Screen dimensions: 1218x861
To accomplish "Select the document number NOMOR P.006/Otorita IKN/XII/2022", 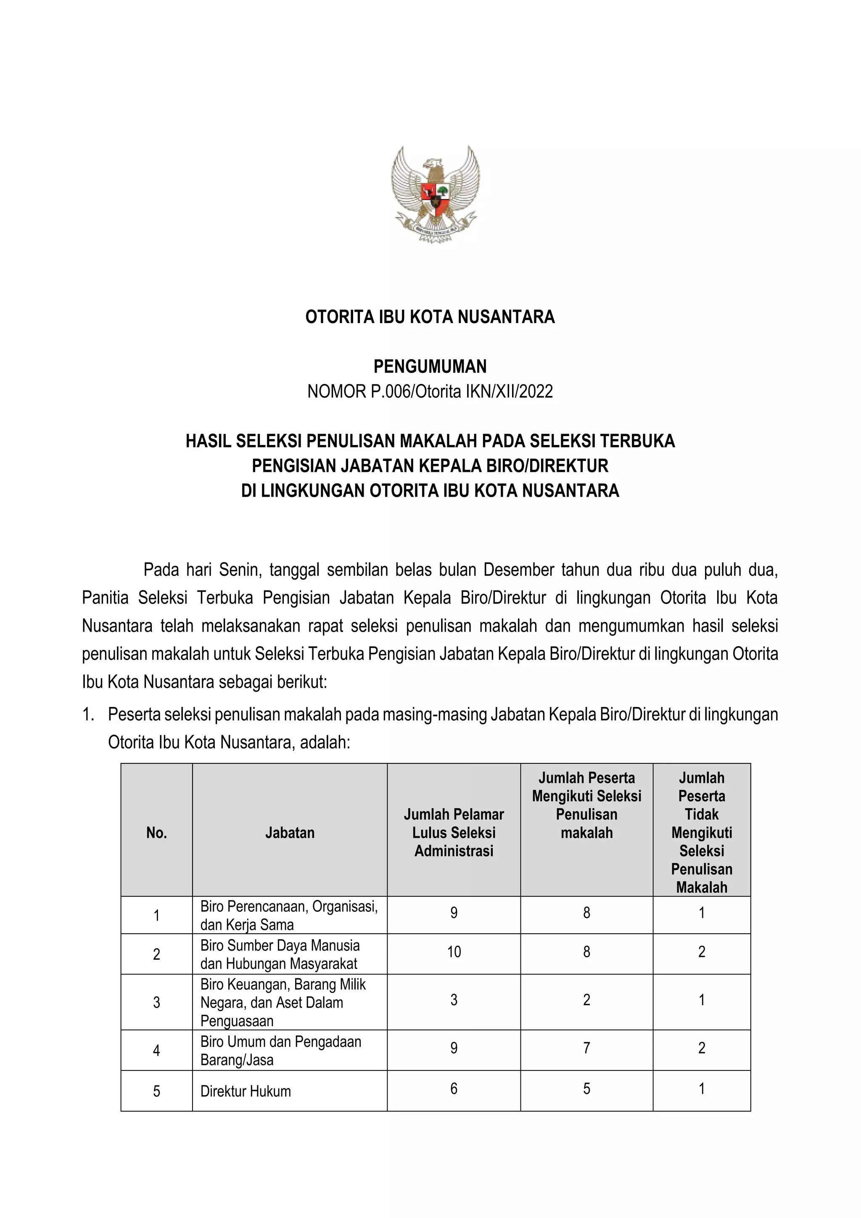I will (430, 392).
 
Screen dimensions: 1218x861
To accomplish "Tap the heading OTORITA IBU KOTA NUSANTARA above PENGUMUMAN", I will (430, 317).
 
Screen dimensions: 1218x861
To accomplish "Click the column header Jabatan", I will (290, 832).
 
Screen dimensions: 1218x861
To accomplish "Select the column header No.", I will (156, 833).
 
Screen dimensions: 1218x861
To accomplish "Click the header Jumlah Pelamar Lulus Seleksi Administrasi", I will (454, 832).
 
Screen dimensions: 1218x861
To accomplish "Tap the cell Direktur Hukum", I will (246, 1091).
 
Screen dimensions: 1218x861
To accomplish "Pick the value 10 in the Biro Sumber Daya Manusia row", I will (454, 952).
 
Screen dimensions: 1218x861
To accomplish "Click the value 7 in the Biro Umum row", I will (586, 1048).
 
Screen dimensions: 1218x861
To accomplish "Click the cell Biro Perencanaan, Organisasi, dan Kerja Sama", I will (289, 915).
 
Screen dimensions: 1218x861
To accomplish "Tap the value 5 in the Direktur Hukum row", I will (586, 1088).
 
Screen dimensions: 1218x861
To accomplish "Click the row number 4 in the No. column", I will (156, 1050).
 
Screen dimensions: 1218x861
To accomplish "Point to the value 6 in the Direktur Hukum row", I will (454, 1088).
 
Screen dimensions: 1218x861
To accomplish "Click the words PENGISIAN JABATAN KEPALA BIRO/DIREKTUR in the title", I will (430, 466).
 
